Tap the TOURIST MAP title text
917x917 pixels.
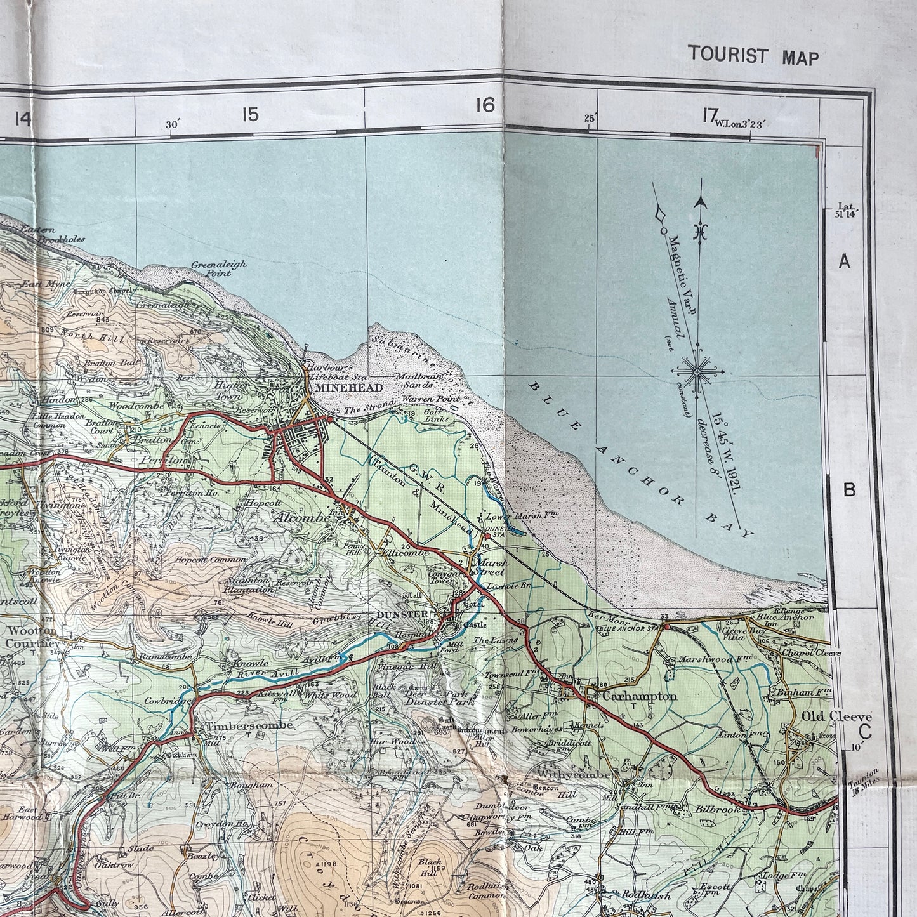tap(753, 56)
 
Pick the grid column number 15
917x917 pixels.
tap(250, 115)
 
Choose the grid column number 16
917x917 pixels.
tap(485, 105)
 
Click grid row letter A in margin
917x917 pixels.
tap(844, 261)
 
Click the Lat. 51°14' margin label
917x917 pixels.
tap(848, 211)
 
